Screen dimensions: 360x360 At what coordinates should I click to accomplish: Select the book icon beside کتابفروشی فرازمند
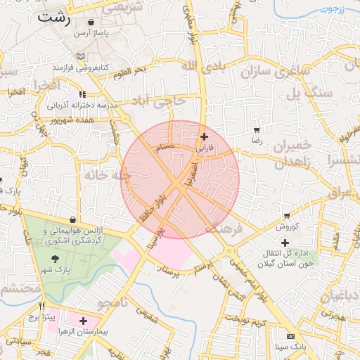(82, 56)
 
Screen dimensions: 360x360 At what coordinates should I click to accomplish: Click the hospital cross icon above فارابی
(204, 136)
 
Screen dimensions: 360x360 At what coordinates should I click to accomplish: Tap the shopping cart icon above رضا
(257, 130)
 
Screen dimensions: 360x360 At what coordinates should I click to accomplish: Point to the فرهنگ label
(224, 229)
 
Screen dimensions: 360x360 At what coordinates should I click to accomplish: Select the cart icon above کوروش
(287, 216)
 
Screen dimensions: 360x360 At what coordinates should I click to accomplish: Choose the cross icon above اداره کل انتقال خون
(285, 243)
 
